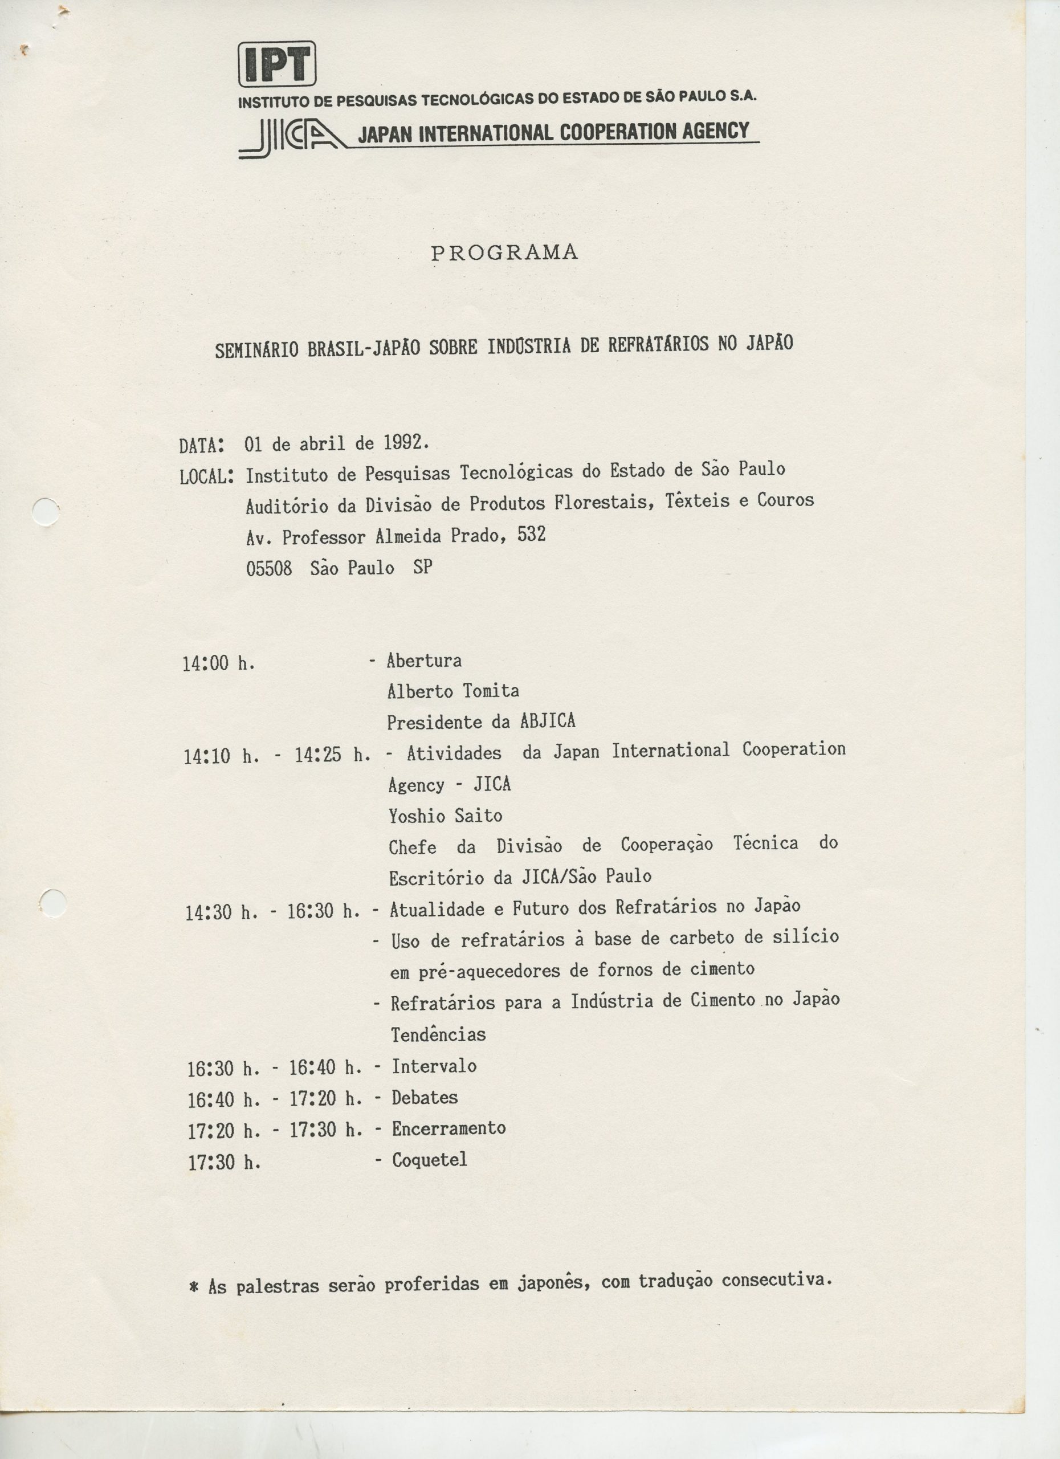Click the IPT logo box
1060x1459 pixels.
click(x=277, y=64)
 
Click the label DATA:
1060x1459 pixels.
click(x=202, y=445)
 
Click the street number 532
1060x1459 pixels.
click(x=531, y=535)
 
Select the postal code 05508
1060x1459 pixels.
click(x=269, y=568)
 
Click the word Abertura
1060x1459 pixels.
click(x=424, y=660)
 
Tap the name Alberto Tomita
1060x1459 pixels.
click(x=453, y=691)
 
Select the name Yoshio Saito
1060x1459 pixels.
click(x=445, y=816)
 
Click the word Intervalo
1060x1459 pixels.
click(x=434, y=1066)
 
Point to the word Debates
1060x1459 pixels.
click(x=425, y=1097)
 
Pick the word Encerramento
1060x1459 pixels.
click(x=449, y=1128)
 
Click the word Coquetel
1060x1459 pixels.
click(x=429, y=1159)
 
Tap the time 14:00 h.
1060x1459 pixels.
click(x=219, y=663)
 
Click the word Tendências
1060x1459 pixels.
click(x=438, y=1034)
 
